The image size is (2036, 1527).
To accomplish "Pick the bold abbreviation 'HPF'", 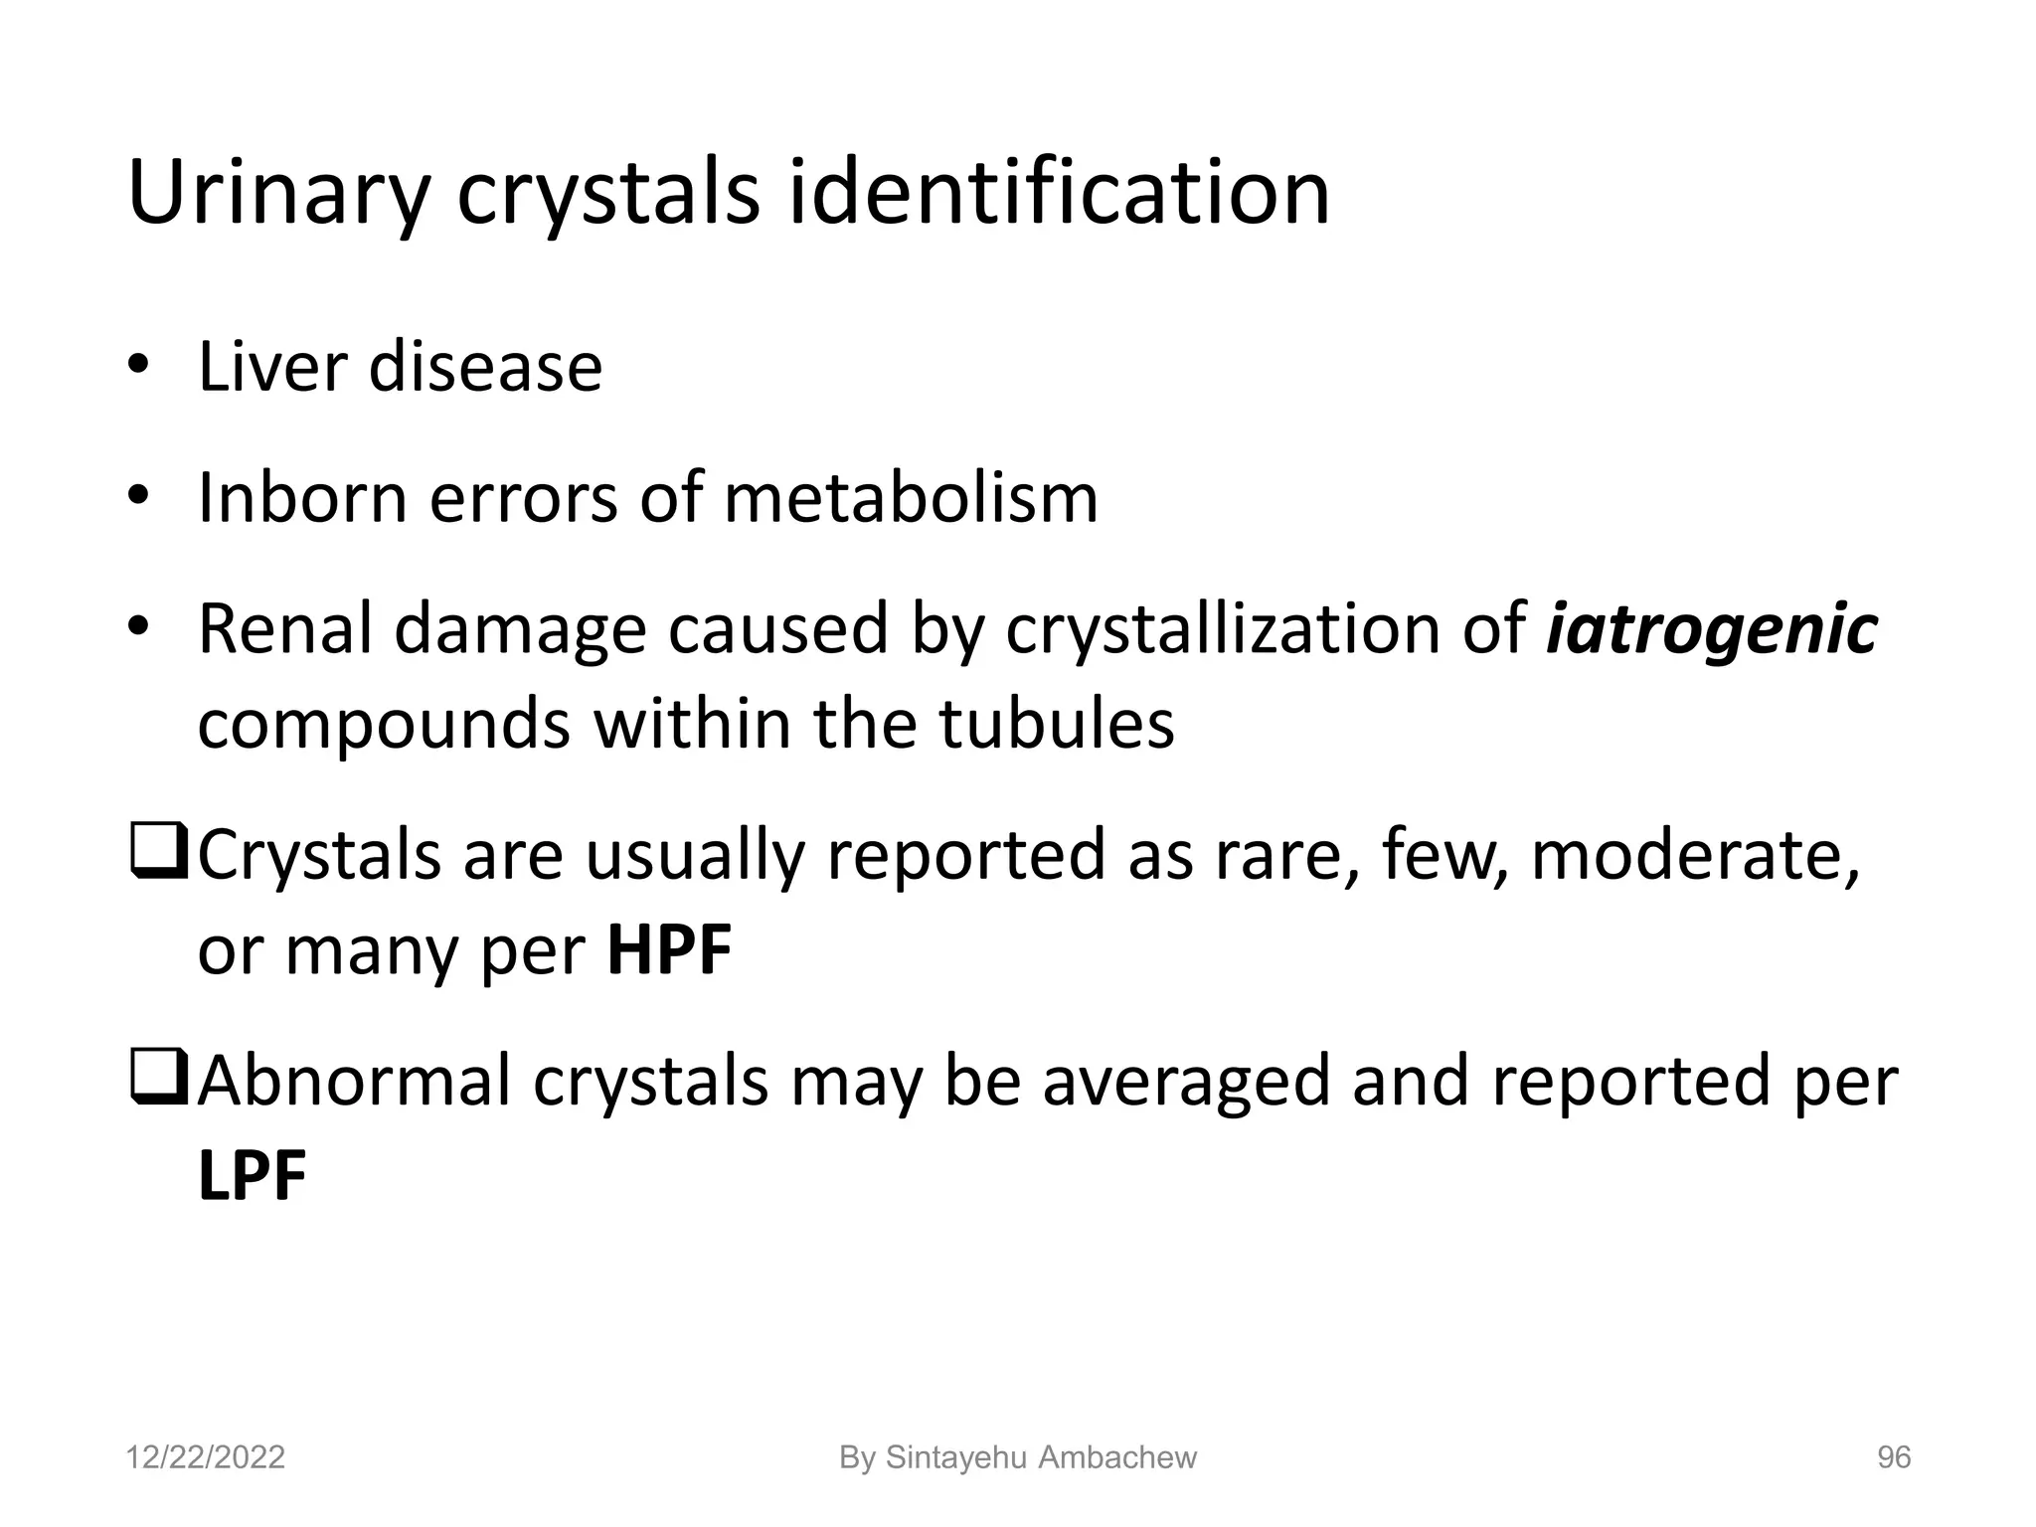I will coord(669,949).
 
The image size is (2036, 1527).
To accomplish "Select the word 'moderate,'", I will coord(1695,855).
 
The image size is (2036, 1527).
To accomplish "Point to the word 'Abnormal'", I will coord(354,1081).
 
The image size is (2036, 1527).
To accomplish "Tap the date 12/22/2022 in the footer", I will coord(206,1457).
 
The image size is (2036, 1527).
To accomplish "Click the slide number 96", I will coord(1893,1457).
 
